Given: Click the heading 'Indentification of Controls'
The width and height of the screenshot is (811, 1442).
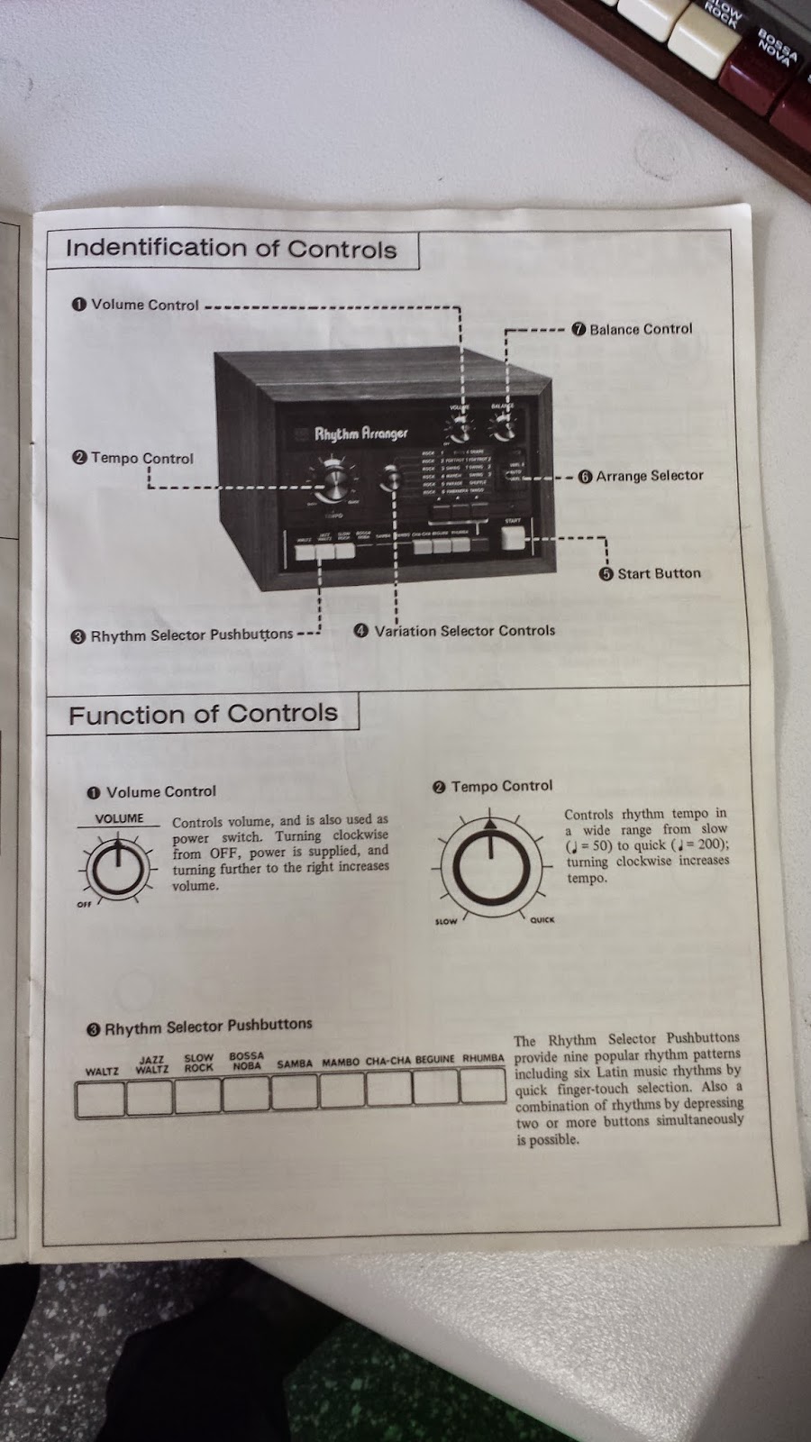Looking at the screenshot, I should (x=231, y=249).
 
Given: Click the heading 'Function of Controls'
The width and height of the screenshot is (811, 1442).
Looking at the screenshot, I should (x=203, y=715).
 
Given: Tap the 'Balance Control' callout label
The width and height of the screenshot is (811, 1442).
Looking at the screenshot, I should (x=641, y=330).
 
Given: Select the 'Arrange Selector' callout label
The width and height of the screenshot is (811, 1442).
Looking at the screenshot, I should (x=649, y=476).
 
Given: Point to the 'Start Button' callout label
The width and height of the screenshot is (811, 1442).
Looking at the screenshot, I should (x=658, y=573).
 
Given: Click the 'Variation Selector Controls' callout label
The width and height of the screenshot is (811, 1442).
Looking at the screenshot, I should (x=464, y=631).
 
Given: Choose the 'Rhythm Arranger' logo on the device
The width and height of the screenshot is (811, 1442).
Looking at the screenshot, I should (x=360, y=434).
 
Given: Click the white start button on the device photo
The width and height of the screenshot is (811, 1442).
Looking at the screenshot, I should (x=513, y=537).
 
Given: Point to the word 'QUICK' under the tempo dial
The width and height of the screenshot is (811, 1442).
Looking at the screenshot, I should (x=542, y=920).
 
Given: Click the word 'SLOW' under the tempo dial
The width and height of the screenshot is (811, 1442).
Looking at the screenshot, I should (x=446, y=921).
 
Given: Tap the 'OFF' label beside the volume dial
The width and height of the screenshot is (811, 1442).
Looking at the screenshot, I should (x=84, y=905).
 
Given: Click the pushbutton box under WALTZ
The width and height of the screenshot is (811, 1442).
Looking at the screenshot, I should (x=100, y=1098).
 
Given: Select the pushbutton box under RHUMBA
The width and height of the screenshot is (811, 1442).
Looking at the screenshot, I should (x=483, y=1086).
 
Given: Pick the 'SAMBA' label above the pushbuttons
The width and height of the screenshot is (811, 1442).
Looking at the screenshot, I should (x=295, y=1063).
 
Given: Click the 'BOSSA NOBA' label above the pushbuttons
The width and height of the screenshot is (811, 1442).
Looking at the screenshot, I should (x=246, y=1061).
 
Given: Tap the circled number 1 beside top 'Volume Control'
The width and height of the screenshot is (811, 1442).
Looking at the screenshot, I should (x=79, y=305).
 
